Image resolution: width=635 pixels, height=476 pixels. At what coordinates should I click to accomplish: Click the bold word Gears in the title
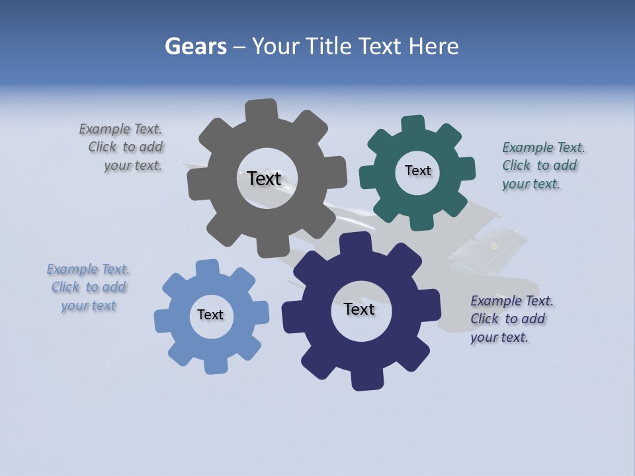pos(195,46)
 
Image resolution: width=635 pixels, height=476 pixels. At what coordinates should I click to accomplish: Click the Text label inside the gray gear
pos(264,178)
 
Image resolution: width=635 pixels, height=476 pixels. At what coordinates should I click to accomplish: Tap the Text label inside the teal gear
pos(417,171)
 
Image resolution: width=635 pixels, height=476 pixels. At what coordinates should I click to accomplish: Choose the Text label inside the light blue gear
pos(210,315)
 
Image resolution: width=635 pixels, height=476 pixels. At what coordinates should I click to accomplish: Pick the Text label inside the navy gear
pos(359,309)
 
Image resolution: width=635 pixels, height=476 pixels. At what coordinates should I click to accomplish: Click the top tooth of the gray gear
pos(261,110)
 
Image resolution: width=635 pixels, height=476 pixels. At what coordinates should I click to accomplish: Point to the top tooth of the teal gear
pos(413,124)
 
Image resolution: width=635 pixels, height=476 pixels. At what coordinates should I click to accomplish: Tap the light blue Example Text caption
pos(88,288)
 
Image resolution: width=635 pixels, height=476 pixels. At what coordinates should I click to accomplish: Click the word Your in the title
pos(280,46)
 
